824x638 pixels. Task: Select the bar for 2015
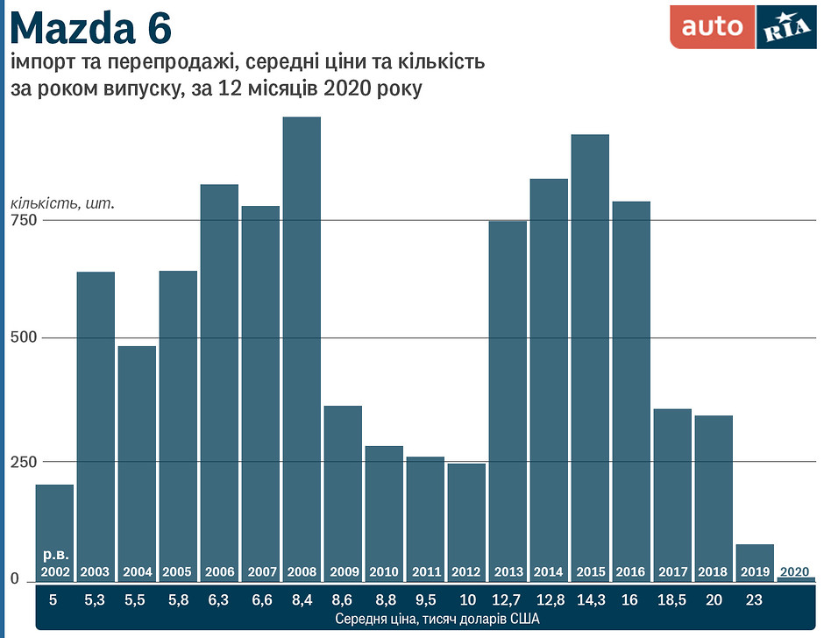click(x=590, y=351)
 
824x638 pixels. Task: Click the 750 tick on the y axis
click(x=23, y=220)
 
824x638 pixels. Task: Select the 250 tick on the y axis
click(x=23, y=462)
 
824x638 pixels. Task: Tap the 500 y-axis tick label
click(x=23, y=338)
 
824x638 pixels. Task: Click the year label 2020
click(x=794, y=572)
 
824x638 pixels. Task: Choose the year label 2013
click(x=508, y=572)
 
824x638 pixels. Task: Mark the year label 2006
click(x=219, y=572)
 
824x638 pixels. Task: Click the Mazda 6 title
click(x=91, y=29)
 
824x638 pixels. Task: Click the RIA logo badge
click(x=785, y=27)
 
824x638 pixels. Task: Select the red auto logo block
click(x=712, y=27)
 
